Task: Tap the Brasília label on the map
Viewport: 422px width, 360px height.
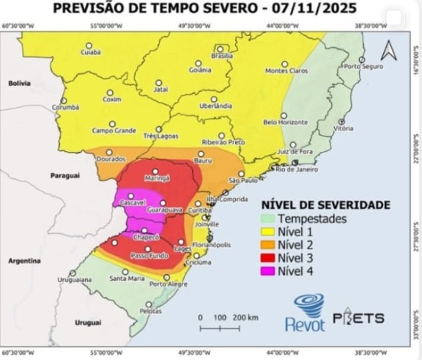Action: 222,56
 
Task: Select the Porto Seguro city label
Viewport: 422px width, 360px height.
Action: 364,67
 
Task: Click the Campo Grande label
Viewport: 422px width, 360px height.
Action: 114,131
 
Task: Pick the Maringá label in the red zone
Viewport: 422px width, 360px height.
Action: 158,177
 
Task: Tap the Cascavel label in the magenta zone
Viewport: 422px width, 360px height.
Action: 133,202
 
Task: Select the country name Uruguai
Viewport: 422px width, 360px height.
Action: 88,323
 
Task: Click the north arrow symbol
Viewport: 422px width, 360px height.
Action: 388,51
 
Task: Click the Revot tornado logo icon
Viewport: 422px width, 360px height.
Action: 308,304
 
